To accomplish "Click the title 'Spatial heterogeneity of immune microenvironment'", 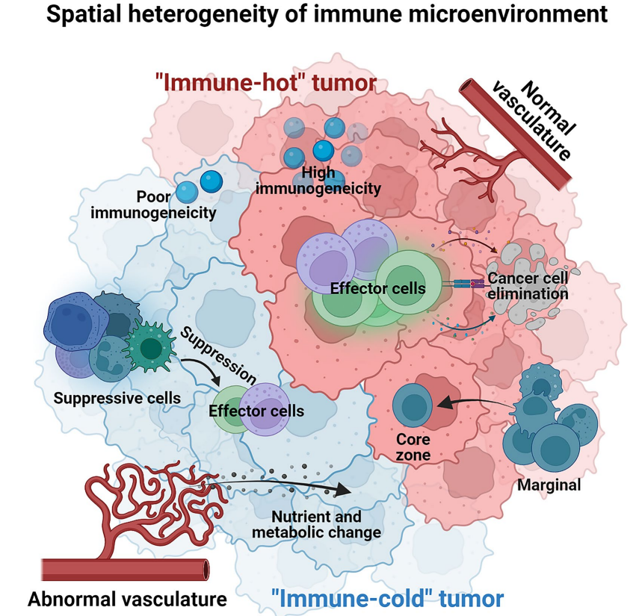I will coord(319,15).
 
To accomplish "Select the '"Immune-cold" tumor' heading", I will coord(387,597).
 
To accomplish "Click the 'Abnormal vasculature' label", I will coord(127,598).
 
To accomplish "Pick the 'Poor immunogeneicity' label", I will coord(153,205).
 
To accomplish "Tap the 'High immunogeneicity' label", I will coord(318,180).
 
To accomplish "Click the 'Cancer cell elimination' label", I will coord(528,286).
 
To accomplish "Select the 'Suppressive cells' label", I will coord(117,398).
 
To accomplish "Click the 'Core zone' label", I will coord(413,446).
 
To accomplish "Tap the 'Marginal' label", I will coord(548,485).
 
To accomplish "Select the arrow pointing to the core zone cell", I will coord(470,404).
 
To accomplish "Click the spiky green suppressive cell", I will coord(152,346).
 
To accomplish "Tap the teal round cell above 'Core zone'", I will coord(413,406).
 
